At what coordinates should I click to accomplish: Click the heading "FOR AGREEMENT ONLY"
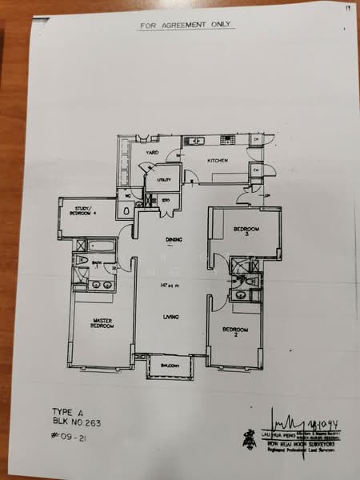185,25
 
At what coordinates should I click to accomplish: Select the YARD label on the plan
152,152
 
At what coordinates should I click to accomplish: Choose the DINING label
174,239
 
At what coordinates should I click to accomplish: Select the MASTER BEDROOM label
102,324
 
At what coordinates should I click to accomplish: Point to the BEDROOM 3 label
242,232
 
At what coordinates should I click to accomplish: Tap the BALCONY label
170,366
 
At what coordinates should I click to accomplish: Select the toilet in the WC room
127,210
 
